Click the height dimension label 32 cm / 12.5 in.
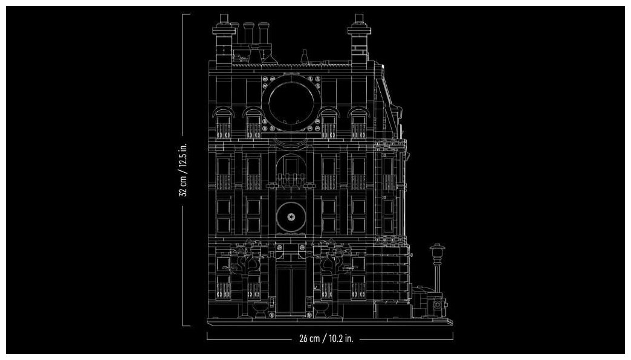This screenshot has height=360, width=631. [x=184, y=170]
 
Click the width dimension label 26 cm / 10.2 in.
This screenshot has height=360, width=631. [x=326, y=339]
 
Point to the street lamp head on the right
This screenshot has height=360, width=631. [x=436, y=251]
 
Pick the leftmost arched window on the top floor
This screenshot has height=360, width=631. [x=222, y=124]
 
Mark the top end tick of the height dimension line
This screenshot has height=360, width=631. [x=186, y=14]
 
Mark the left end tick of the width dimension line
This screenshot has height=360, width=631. [x=207, y=335]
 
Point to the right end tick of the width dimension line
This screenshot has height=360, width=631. [x=453, y=335]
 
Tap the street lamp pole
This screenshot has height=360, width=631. [x=436, y=278]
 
